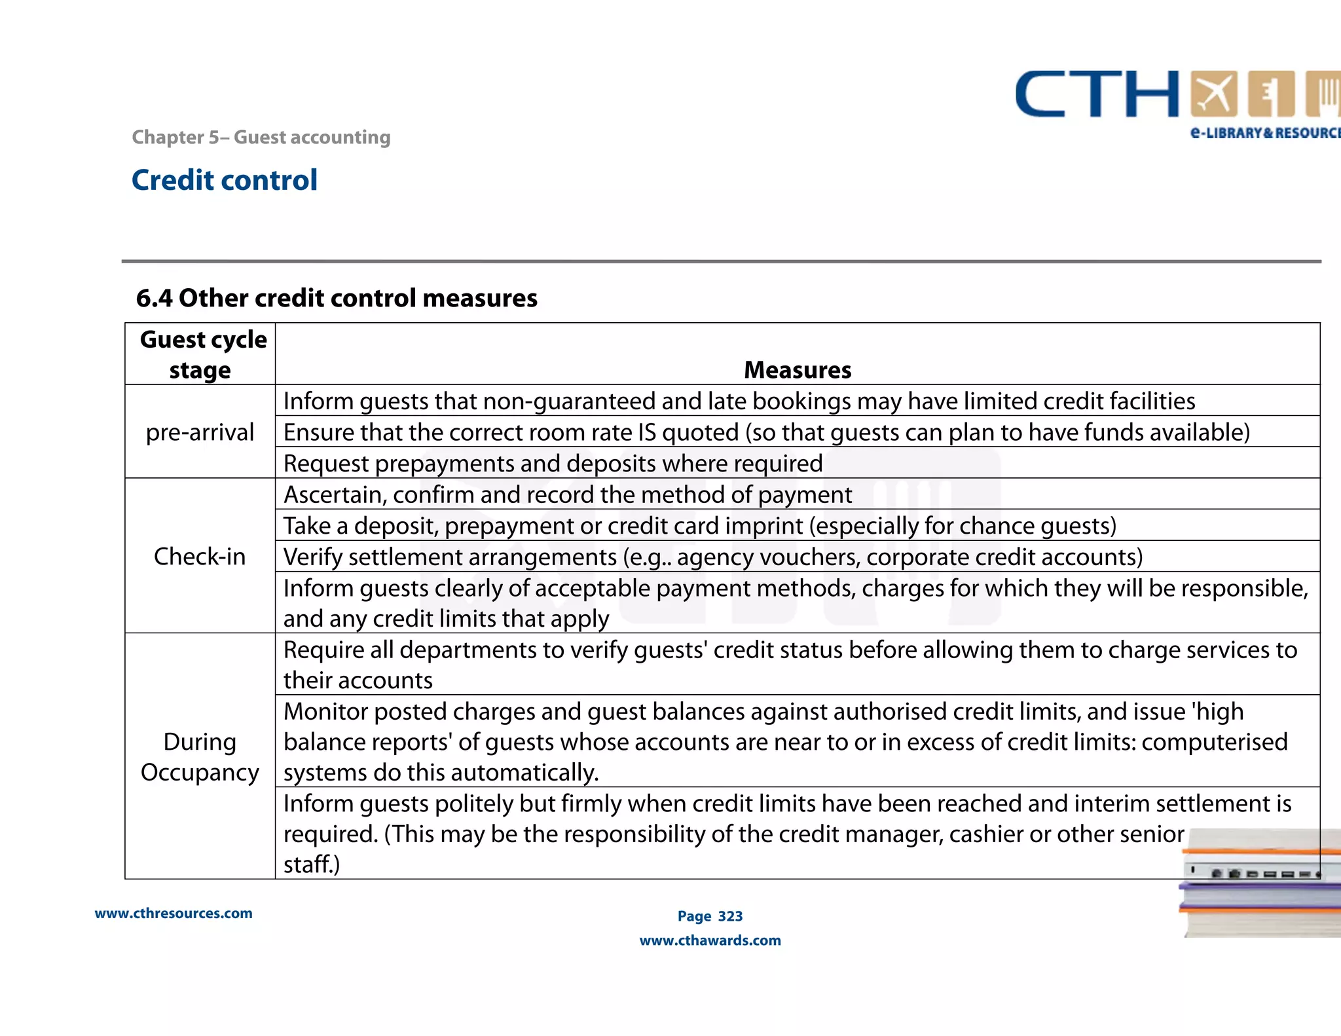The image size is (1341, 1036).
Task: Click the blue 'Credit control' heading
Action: coord(224,180)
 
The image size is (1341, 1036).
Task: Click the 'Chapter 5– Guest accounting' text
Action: coord(261,137)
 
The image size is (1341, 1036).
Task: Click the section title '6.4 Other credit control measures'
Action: coord(336,298)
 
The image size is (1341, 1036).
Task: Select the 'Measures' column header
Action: coord(797,370)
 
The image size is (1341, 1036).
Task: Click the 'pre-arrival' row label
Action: coord(200,432)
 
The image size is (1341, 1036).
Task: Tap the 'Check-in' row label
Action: coord(200,556)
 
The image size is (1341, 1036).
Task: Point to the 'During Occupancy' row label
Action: coord(200,756)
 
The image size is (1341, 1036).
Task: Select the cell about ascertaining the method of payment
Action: coord(567,494)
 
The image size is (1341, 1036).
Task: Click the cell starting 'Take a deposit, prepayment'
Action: coord(699,526)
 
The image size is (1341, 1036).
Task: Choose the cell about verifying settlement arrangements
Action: coord(712,557)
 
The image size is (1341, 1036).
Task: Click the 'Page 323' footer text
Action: coord(710,916)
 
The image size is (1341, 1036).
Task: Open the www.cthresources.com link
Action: coord(174,913)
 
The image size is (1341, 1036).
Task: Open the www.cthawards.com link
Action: coord(710,940)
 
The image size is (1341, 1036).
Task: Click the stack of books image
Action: coord(1260,884)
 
